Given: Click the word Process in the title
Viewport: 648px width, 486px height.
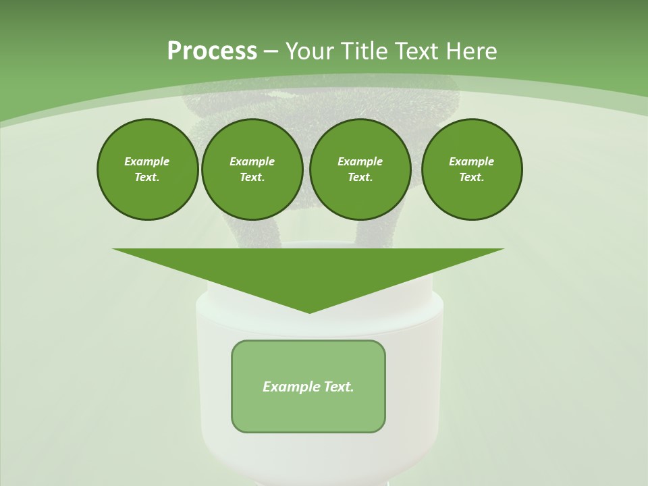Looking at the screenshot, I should (x=212, y=51).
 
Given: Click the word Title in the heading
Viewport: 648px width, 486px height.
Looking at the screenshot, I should (x=362, y=51).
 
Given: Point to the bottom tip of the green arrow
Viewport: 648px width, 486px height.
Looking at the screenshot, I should (x=309, y=311).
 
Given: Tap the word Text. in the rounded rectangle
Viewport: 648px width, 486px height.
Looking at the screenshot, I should (x=338, y=387).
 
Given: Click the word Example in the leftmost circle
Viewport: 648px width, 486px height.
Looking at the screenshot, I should (x=147, y=161).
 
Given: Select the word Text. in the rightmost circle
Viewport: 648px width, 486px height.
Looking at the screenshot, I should (x=471, y=177).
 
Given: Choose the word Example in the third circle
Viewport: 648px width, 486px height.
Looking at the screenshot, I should (x=360, y=161).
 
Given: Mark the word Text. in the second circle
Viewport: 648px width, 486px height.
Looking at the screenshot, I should (x=252, y=177).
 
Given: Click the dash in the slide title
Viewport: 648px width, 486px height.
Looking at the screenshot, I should (x=271, y=51).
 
